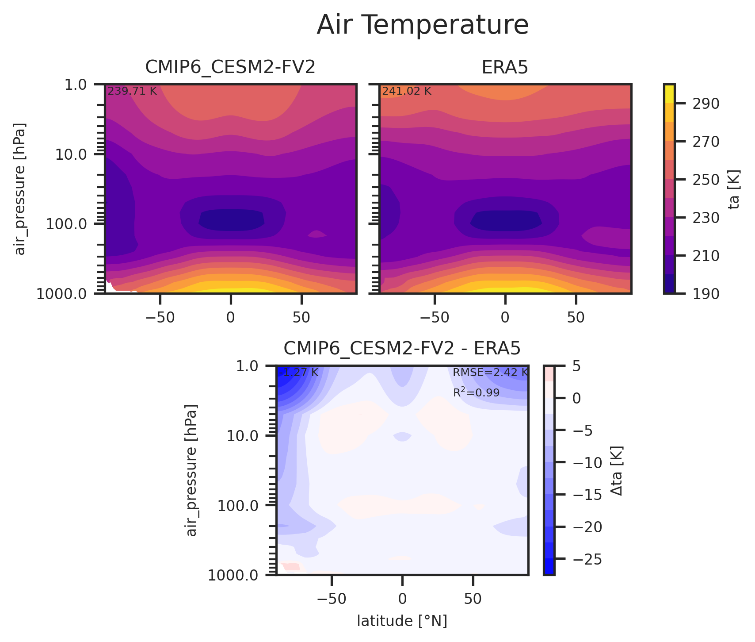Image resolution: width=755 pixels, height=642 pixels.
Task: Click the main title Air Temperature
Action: coord(423,25)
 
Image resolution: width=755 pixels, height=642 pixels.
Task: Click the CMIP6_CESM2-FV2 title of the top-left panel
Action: coord(230,67)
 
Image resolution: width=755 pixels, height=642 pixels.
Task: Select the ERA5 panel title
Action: coord(505,67)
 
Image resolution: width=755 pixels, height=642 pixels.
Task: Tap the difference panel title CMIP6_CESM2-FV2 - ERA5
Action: coord(402,349)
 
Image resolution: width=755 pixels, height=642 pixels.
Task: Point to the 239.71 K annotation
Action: coord(132,92)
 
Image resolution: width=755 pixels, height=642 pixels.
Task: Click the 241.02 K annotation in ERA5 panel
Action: coord(406,92)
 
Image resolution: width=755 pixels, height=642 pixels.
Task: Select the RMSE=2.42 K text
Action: coord(490,373)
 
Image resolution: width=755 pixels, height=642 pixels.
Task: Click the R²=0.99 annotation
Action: coord(476,392)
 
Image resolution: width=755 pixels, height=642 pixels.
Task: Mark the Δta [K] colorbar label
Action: coord(617,470)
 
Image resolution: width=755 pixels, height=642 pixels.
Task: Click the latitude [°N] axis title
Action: coord(402,621)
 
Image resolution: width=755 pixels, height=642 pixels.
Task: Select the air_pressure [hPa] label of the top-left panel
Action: coord(20,188)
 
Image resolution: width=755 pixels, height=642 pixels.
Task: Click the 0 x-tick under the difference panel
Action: coord(402,599)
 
